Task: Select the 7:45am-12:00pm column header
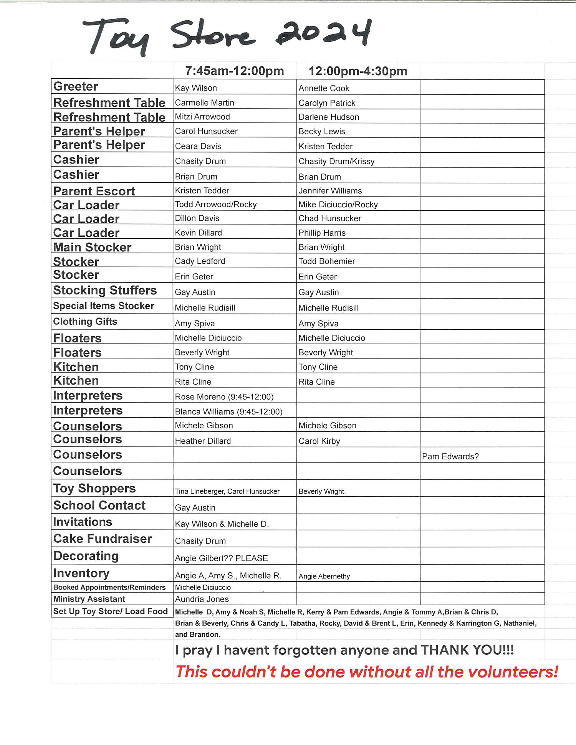pos(234,71)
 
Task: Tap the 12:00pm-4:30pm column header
pos(358,71)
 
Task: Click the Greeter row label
pos(76,86)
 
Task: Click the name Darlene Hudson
pos(329,117)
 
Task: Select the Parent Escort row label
pos(94,191)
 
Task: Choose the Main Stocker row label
pos(92,247)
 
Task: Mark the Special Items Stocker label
pos(104,306)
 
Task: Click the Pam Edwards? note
pos(450,456)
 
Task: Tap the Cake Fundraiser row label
pos(103,539)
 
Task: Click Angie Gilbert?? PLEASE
pos(221,558)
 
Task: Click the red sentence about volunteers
pos(367,672)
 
